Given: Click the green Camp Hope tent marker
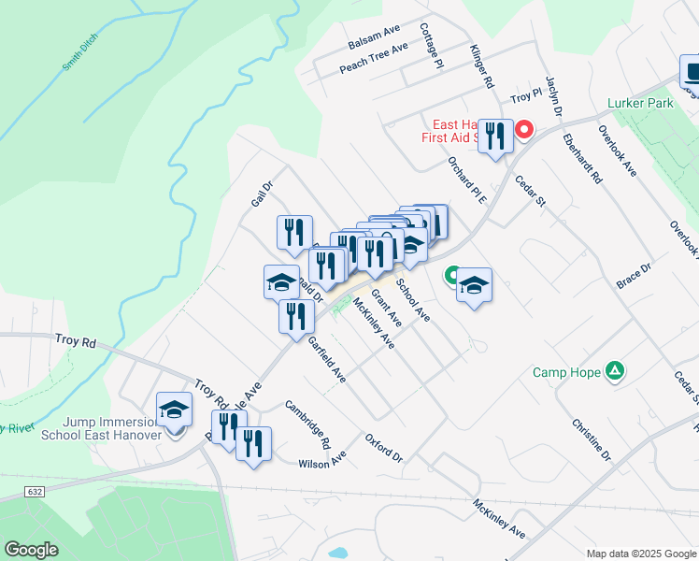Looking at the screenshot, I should coord(615,371).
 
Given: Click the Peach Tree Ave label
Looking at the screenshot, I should coord(374,59).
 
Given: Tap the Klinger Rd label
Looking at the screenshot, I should coord(481,66).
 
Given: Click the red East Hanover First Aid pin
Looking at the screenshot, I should coord(524,130).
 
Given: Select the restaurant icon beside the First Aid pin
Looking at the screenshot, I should coord(492,136).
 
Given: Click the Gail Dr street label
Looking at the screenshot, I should coord(261,194).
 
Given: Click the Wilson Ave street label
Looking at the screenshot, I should coord(322,461).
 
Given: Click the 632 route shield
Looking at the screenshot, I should coord(36,491).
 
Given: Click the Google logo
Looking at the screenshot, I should coord(30,550).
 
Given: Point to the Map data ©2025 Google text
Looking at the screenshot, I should coord(640,554).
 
